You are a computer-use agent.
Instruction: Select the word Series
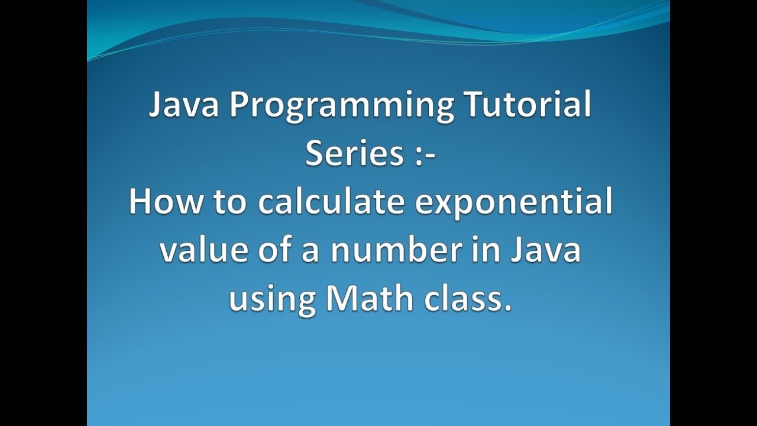point(354,154)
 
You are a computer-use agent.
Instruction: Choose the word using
point(272,299)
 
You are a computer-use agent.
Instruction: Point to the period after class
point(506,306)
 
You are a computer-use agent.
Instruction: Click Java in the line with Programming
point(183,106)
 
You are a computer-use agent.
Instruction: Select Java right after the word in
point(547,250)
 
